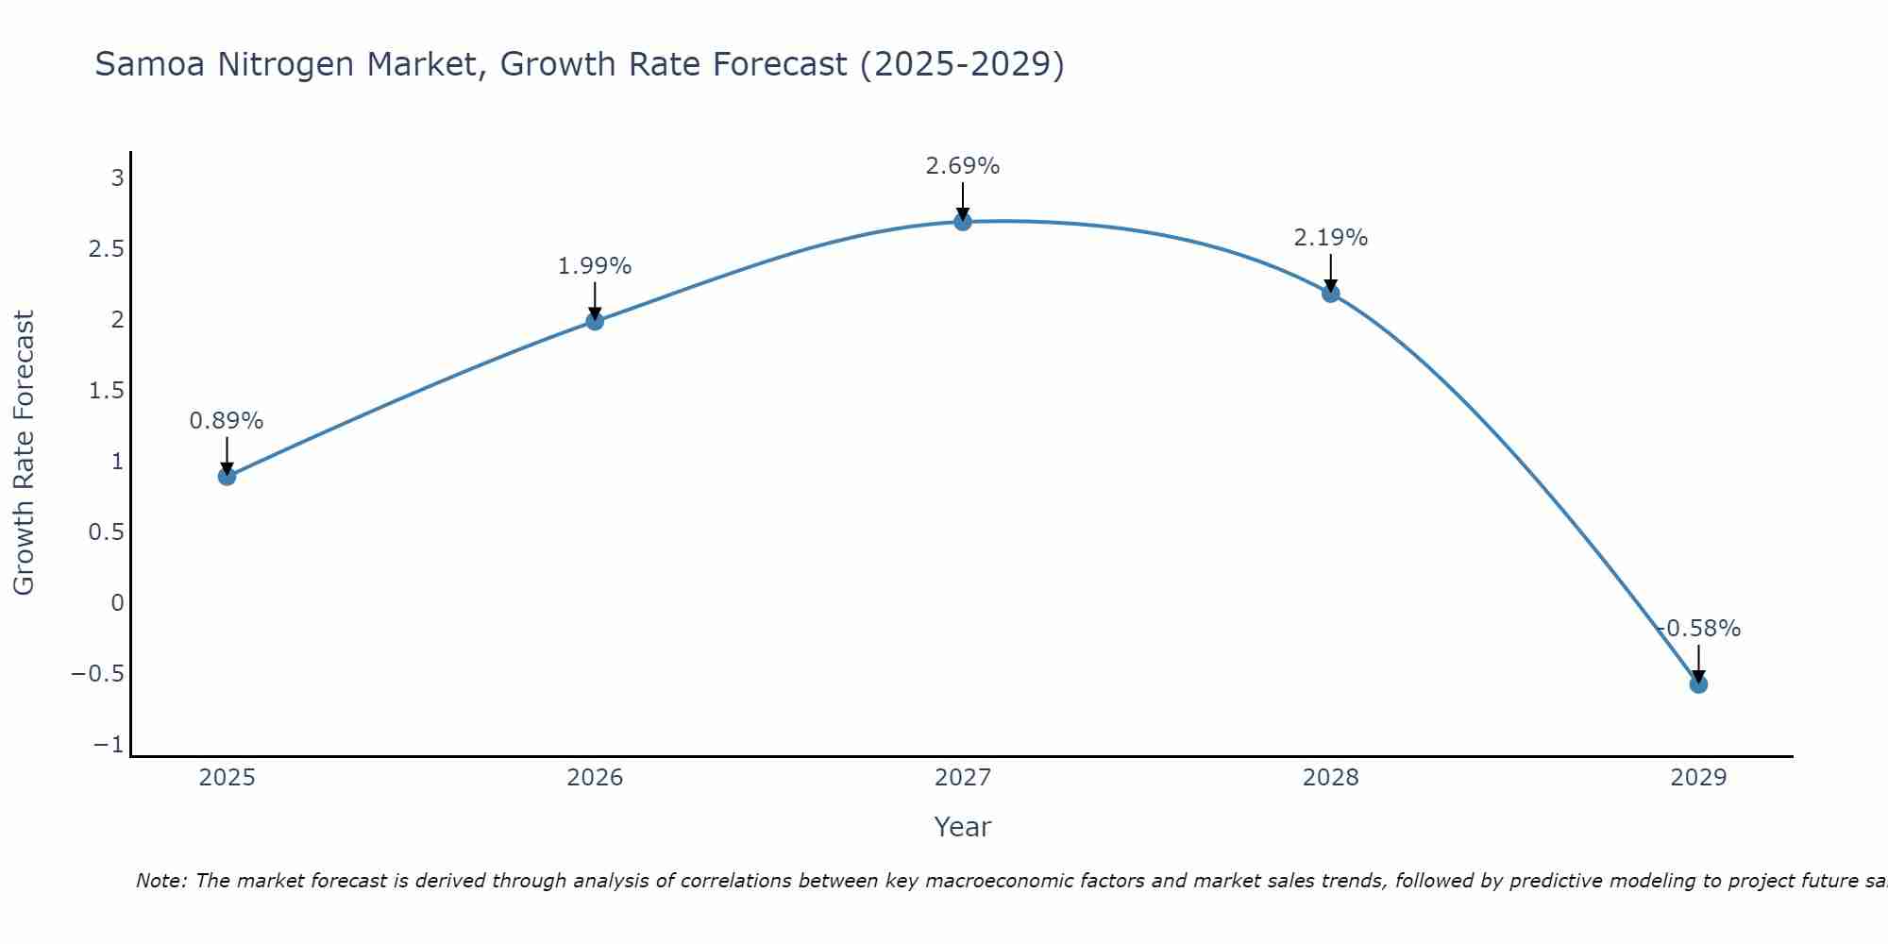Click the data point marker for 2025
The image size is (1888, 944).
(x=227, y=477)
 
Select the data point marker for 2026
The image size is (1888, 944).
(x=595, y=321)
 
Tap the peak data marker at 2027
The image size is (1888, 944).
(x=963, y=222)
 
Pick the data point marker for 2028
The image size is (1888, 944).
(x=1331, y=294)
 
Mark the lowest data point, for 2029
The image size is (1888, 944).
(x=1698, y=684)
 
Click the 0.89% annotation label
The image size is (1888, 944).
(x=227, y=421)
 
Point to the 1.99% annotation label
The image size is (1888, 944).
(x=595, y=266)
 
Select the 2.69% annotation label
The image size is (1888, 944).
(x=963, y=166)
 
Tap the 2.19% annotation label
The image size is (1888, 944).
(x=1331, y=238)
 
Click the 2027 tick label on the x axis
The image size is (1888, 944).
(x=963, y=778)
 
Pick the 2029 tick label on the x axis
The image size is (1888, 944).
(x=1698, y=778)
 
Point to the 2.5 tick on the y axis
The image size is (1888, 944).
(x=106, y=249)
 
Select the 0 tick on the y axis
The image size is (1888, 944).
(x=117, y=603)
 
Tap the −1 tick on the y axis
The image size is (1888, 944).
(x=109, y=745)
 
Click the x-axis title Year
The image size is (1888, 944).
(x=963, y=827)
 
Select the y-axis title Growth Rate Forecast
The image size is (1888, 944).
(x=24, y=453)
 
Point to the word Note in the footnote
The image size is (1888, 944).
(x=160, y=881)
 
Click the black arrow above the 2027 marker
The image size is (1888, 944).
(x=963, y=200)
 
